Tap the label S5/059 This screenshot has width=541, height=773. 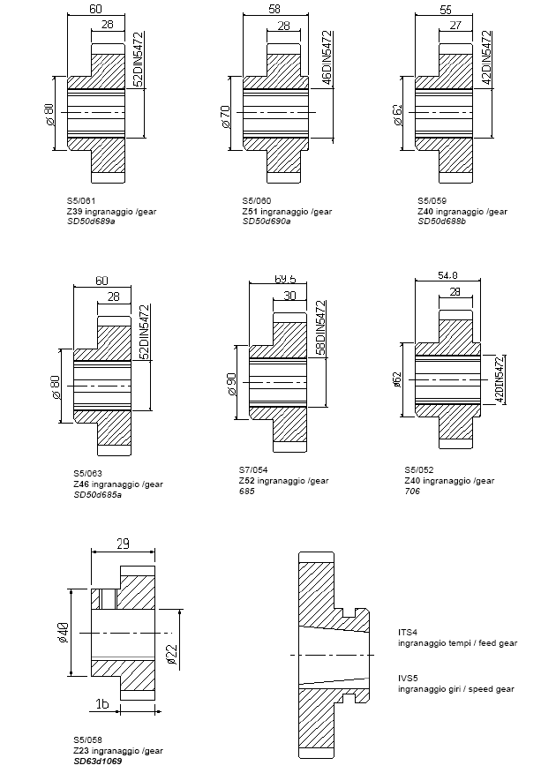(x=432, y=201)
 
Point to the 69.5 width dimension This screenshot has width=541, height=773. (x=284, y=279)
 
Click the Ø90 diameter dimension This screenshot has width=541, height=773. (x=231, y=385)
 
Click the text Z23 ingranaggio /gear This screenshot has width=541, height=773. (x=117, y=750)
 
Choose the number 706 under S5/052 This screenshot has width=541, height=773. (x=412, y=491)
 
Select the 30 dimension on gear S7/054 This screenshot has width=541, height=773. (x=289, y=296)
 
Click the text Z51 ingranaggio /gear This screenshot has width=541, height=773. (x=286, y=211)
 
